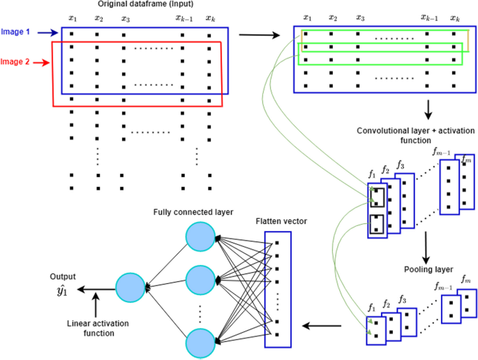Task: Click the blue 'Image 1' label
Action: tap(15, 31)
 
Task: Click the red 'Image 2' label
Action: tap(15, 62)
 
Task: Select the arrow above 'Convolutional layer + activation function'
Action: tap(428, 109)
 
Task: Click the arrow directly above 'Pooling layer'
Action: tap(424, 247)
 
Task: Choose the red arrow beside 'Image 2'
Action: tap(41, 62)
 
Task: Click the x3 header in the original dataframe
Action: tap(124, 17)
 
